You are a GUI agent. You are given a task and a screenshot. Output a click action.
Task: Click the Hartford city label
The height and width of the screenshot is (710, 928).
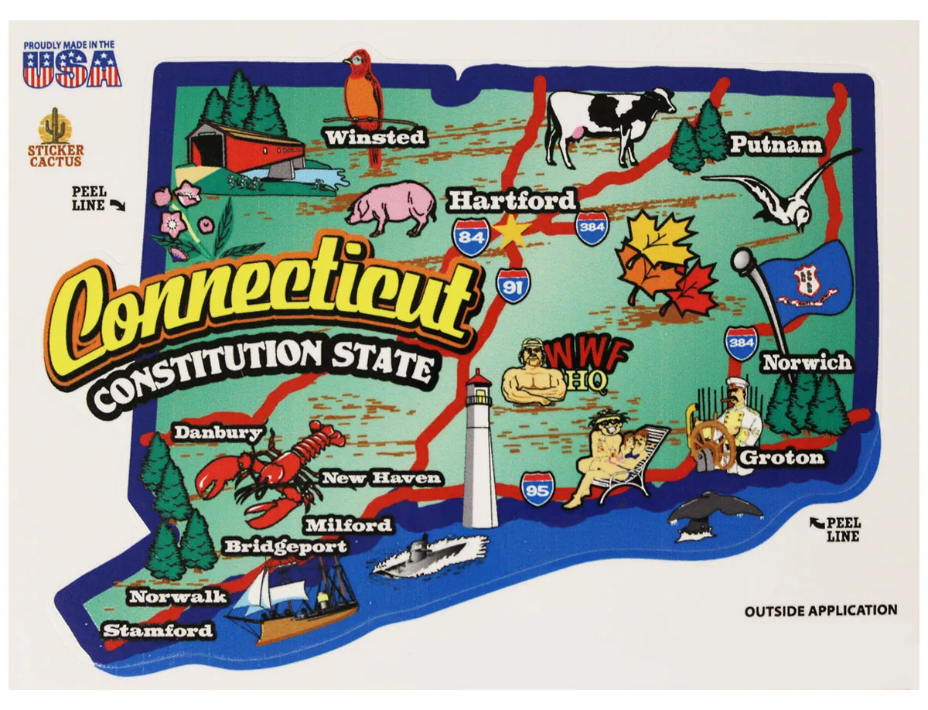512,201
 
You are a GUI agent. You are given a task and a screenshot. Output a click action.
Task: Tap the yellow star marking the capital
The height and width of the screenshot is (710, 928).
510,232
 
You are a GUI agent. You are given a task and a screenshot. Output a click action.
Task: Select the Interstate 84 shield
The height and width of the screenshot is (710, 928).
471,237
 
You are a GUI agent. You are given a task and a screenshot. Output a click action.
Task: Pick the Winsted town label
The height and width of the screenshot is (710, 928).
376,138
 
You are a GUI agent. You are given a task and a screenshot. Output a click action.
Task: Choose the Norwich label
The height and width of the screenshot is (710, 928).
807,362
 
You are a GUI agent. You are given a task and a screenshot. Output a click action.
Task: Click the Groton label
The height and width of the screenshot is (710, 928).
782,458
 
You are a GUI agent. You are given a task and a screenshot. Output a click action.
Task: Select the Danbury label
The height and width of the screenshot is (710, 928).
218,433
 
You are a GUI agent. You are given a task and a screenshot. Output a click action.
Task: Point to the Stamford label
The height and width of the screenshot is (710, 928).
159,630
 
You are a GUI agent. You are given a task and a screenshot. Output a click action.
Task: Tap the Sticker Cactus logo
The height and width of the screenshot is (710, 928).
55,138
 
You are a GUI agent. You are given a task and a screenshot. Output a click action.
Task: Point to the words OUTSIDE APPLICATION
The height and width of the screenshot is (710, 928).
821,611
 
